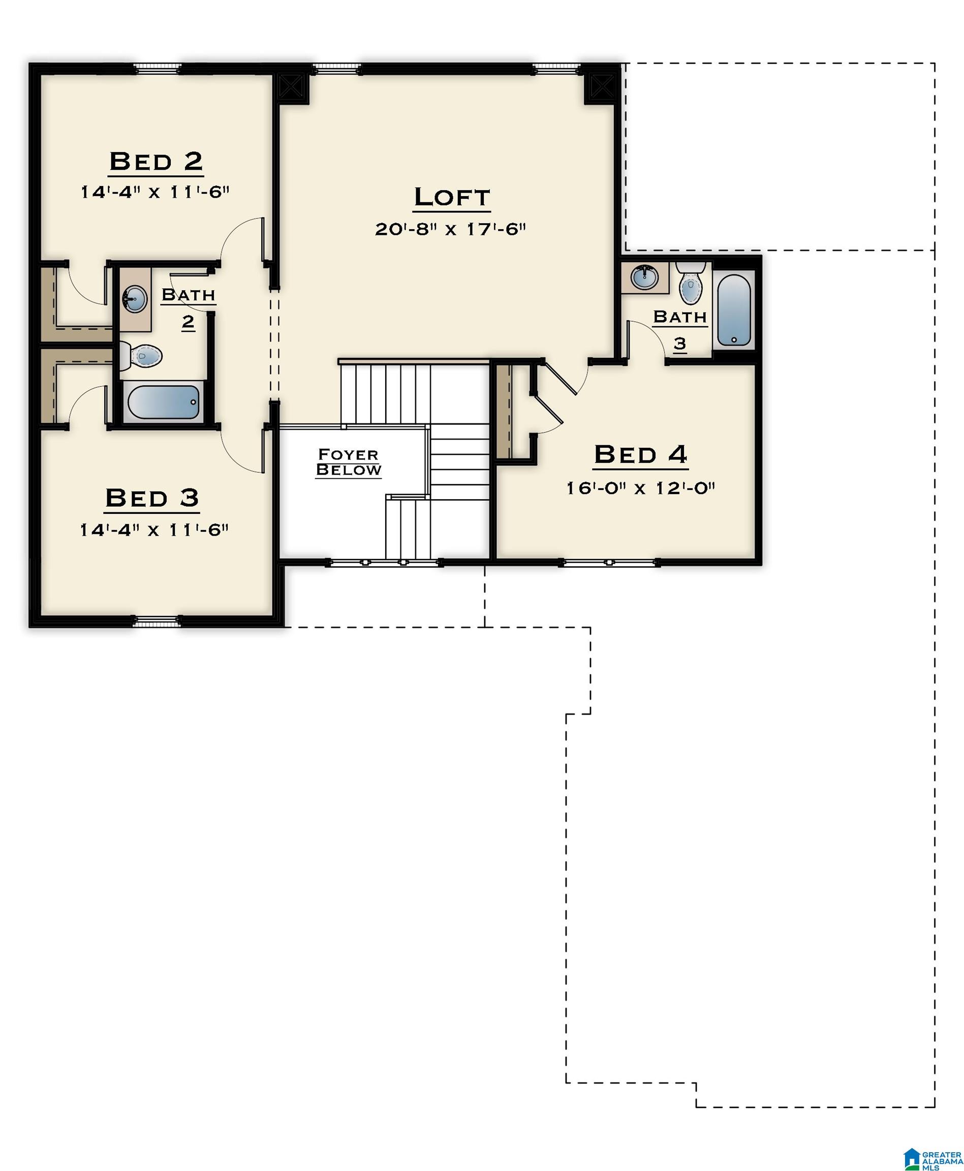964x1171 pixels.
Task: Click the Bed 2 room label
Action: pyautogui.click(x=156, y=162)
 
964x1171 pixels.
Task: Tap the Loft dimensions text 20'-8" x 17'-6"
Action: pyautogui.click(x=450, y=229)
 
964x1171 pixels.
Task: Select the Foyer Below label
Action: pyautogui.click(x=348, y=462)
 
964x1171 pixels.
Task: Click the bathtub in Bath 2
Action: pyautogui.click(x=163, y=402)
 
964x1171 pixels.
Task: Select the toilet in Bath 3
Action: pyautogui.click(x=691, y=284)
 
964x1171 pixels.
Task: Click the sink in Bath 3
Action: pyautogui.click(x=645, y=277)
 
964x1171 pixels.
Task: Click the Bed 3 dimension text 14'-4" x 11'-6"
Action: pyautogui.click(x=154, y=530)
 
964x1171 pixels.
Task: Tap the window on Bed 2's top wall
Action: pyautogui.click(x=157, y=68)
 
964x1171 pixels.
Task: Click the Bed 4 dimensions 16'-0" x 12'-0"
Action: pyautogui.click(x=640, y=488)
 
